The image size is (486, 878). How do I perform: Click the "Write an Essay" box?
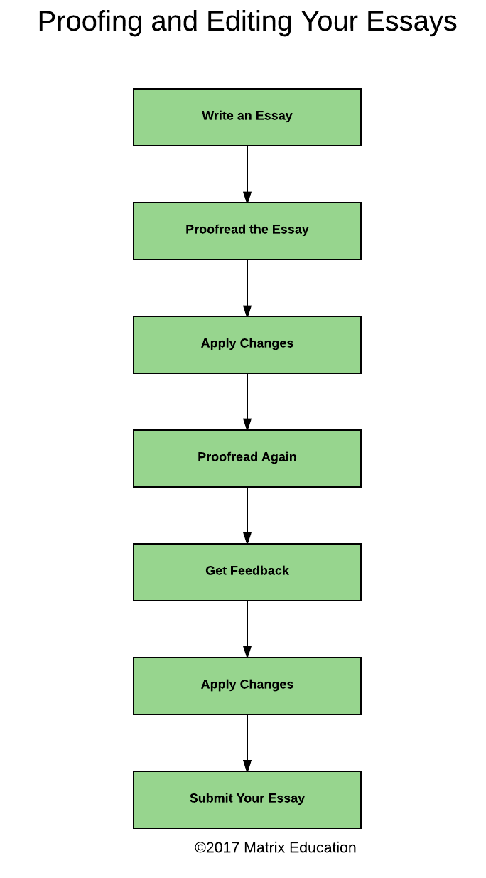247,117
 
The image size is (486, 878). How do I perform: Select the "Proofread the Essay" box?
247,231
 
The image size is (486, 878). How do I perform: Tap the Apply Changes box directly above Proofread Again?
247,345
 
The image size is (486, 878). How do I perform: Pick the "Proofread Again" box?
247,459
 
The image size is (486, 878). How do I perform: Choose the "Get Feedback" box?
247,572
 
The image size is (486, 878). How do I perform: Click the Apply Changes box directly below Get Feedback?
247,685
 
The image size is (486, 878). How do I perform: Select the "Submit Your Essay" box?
247,799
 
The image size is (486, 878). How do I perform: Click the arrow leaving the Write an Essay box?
247,174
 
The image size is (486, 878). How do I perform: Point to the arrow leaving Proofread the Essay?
247,288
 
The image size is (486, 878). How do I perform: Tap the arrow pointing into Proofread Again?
247,402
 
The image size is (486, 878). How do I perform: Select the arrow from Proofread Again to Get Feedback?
247,515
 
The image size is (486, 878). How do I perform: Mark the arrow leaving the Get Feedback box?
247,628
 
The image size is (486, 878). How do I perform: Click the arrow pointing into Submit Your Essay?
247,742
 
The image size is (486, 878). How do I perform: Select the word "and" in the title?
174,21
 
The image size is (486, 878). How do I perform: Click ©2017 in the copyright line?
217,847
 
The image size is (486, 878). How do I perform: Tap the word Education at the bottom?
323,847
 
